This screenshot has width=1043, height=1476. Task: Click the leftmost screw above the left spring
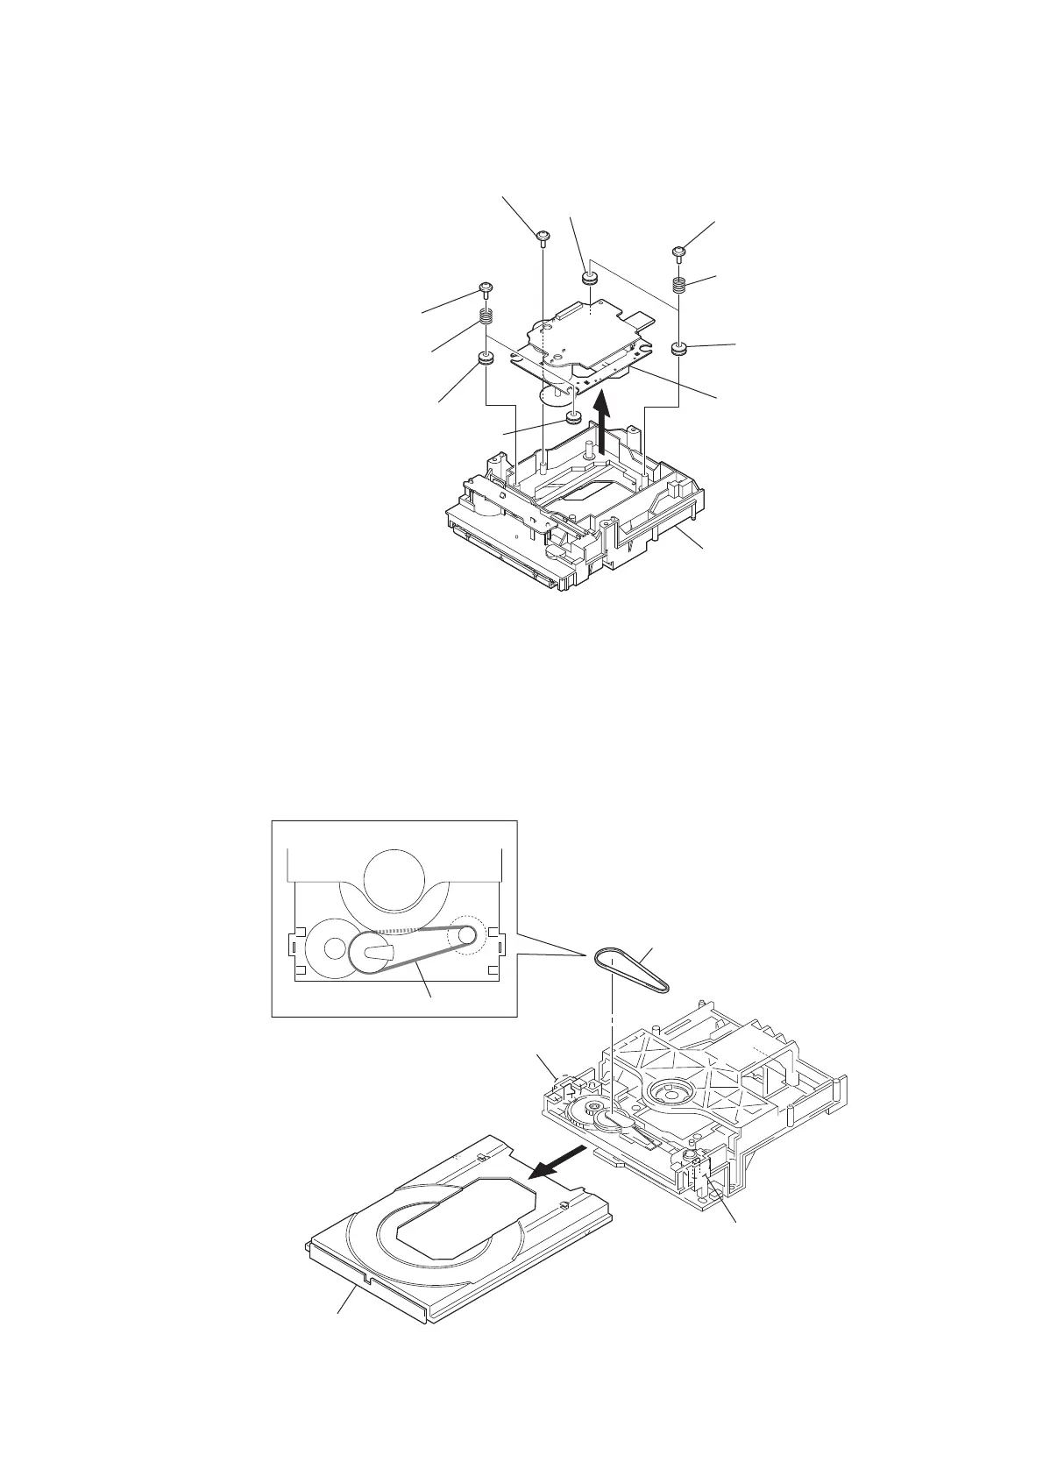485,287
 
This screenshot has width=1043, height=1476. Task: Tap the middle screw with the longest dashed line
543,234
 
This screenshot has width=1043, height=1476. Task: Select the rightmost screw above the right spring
678,252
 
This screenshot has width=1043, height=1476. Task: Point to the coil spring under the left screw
485,318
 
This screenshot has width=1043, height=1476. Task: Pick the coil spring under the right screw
678,285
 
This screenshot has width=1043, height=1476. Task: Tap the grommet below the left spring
485,358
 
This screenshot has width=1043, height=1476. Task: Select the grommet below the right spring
679,349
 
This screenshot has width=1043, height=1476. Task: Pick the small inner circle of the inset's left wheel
334,948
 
